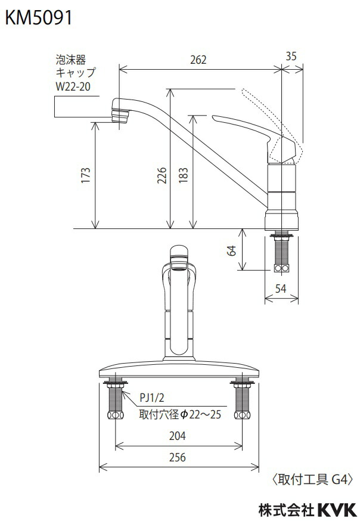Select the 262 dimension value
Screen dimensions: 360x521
(198, 60)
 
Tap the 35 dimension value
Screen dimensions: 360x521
(291, 56)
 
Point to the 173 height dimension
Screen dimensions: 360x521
(85, 175)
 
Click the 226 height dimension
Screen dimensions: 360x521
(162, 175)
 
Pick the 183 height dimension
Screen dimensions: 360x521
(183, 175)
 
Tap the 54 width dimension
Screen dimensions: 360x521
(281, 289)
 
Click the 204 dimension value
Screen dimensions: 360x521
(178, 436)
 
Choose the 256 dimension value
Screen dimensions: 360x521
(178, 457)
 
